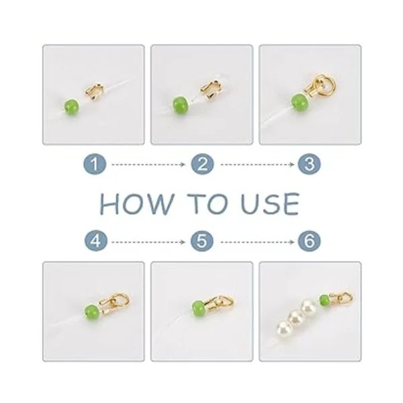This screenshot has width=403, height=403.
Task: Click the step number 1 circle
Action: tap(95, 165)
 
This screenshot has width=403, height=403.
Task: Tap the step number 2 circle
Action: tap(202, 165)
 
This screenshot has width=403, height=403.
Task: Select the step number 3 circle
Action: tap(309, 165)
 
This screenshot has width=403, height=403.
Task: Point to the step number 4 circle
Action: tap(96, 241)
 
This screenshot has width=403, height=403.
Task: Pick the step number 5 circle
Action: tap(202, 241)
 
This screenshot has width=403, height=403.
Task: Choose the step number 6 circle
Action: tap(310, 241)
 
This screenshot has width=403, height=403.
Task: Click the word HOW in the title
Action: tap(136, 204)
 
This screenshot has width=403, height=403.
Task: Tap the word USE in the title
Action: tap(271, 204)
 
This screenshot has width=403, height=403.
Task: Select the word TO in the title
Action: tap(208, 204)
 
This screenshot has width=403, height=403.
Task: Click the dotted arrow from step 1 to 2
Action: tap(148, 165)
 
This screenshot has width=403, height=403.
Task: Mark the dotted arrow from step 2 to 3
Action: tap(257, 165)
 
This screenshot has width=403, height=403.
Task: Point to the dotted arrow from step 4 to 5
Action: tap(148, 242)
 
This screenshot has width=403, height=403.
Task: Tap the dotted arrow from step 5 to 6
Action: tap(257, 242)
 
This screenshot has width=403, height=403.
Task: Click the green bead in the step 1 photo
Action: tap(72, 107)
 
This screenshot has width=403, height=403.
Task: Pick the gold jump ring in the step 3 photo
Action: tap(326, 85)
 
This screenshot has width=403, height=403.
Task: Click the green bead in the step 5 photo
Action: tap(198, 307)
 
